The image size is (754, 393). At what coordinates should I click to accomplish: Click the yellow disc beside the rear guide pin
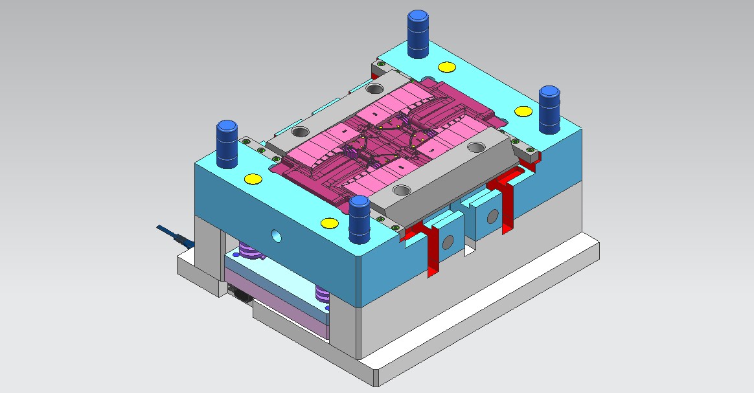pos(446,67)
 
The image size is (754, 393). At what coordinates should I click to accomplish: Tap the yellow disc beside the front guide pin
pos(328,223)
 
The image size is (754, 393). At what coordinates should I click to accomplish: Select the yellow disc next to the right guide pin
pos(521,111)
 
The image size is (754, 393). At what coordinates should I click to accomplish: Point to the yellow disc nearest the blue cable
pos(251,179)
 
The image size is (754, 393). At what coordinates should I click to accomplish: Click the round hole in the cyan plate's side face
pos(277,234)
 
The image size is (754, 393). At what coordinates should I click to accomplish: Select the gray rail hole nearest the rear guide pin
pos(374,89)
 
